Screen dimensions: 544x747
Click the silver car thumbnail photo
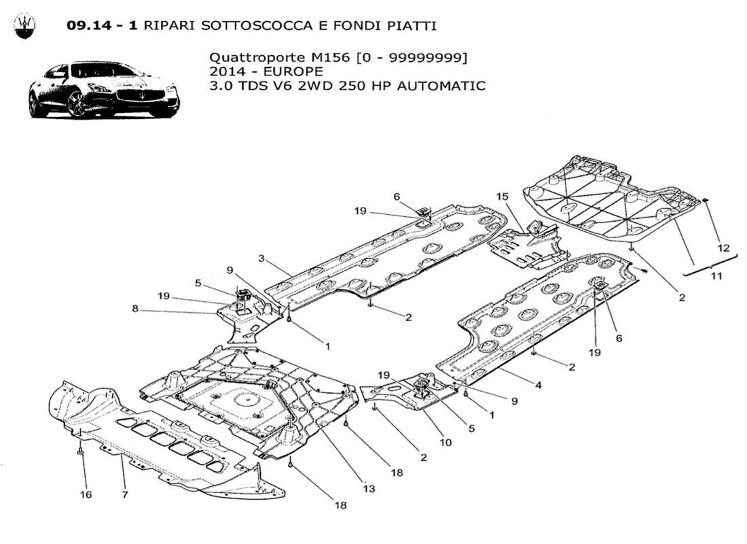click(103, 89)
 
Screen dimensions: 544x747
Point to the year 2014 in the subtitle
click(226, 71)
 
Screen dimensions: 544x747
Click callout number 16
click(86, 494)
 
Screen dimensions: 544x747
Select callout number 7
click(125, 494)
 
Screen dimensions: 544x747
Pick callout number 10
click(445, 442)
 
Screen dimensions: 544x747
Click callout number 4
click(538, 386)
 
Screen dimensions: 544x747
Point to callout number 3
click(261, 258)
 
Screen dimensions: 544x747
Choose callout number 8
click(135, 308)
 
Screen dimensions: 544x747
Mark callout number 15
click(503, 197)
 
